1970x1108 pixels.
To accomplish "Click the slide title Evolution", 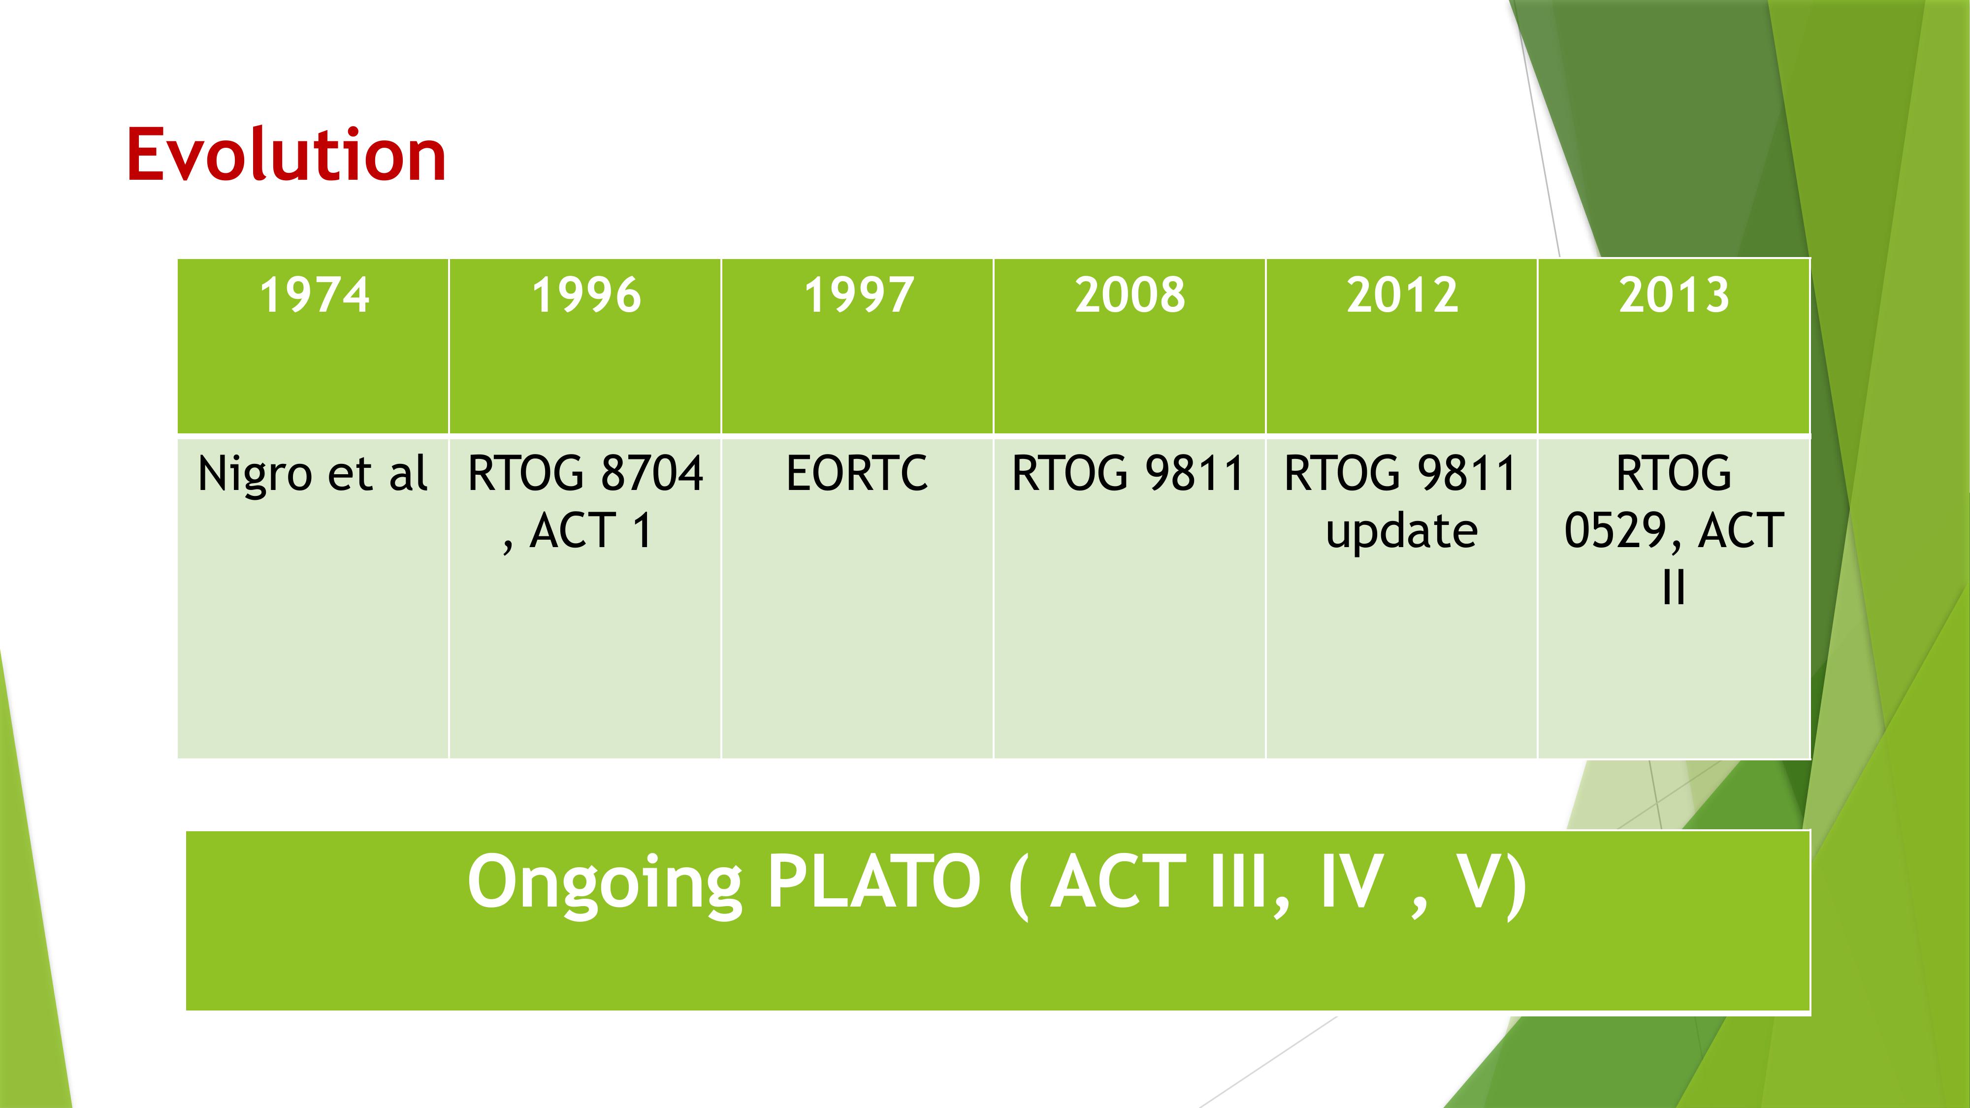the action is pyautogui.click(x=286, y=155).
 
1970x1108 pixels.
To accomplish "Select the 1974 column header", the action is pyautogui.click(x=314, y=295).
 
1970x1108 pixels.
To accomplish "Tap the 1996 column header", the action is pyautogui.click(x=586, y=295).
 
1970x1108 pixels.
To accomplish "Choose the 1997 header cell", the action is pyautogui.click(x=858, y=295).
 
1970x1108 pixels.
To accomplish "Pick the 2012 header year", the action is pyautogui.click(x=1402, y=295).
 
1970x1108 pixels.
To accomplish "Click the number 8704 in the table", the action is pyautogui.click(x=651, y=473).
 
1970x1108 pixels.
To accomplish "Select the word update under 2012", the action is pyautogui.click(x=1402, y=533).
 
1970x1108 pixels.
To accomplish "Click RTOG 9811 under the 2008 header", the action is pyautogui.click(x=1129, y=473).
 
